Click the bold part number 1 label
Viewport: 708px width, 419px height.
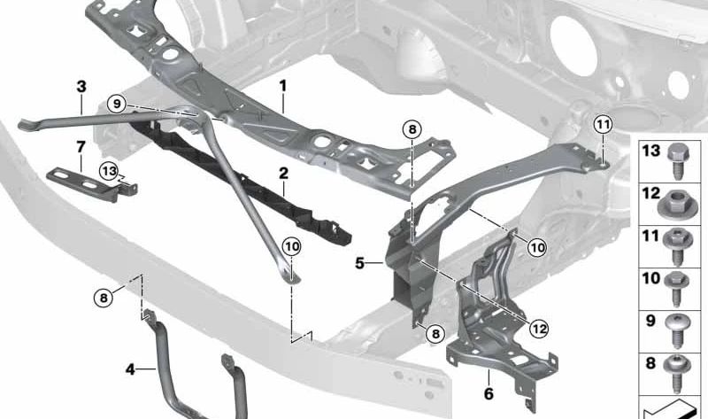[x=283, y=85]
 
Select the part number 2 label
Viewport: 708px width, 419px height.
[x=283, y=173]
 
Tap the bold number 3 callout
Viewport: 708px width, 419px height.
[x=81, y=86]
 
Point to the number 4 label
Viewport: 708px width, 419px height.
[x=130, y=369]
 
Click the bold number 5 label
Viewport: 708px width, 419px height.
[x=359, y=262]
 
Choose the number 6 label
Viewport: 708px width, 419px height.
[x=489, y=393]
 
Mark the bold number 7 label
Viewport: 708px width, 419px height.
[x=81, y=147]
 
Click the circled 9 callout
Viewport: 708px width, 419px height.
[x=117, y=105]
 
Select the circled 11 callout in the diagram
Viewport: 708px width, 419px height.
[x=604, y=124]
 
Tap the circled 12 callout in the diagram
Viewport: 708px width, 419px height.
[x=539, y=329]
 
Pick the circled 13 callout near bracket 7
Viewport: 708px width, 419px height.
[x=109, y=171]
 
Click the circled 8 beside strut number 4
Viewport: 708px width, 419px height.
[x=104, y=299]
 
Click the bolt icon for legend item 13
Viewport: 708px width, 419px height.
[x=677, y=161]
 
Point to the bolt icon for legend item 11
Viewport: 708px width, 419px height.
[x=677, y=247]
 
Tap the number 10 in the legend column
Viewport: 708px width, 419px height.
[x=650, y=278]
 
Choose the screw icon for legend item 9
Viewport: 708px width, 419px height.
[x=677, y=331]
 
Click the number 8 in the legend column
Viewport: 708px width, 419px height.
[x=650, y=363]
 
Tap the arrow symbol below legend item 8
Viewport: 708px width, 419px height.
[x=671, y=409]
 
